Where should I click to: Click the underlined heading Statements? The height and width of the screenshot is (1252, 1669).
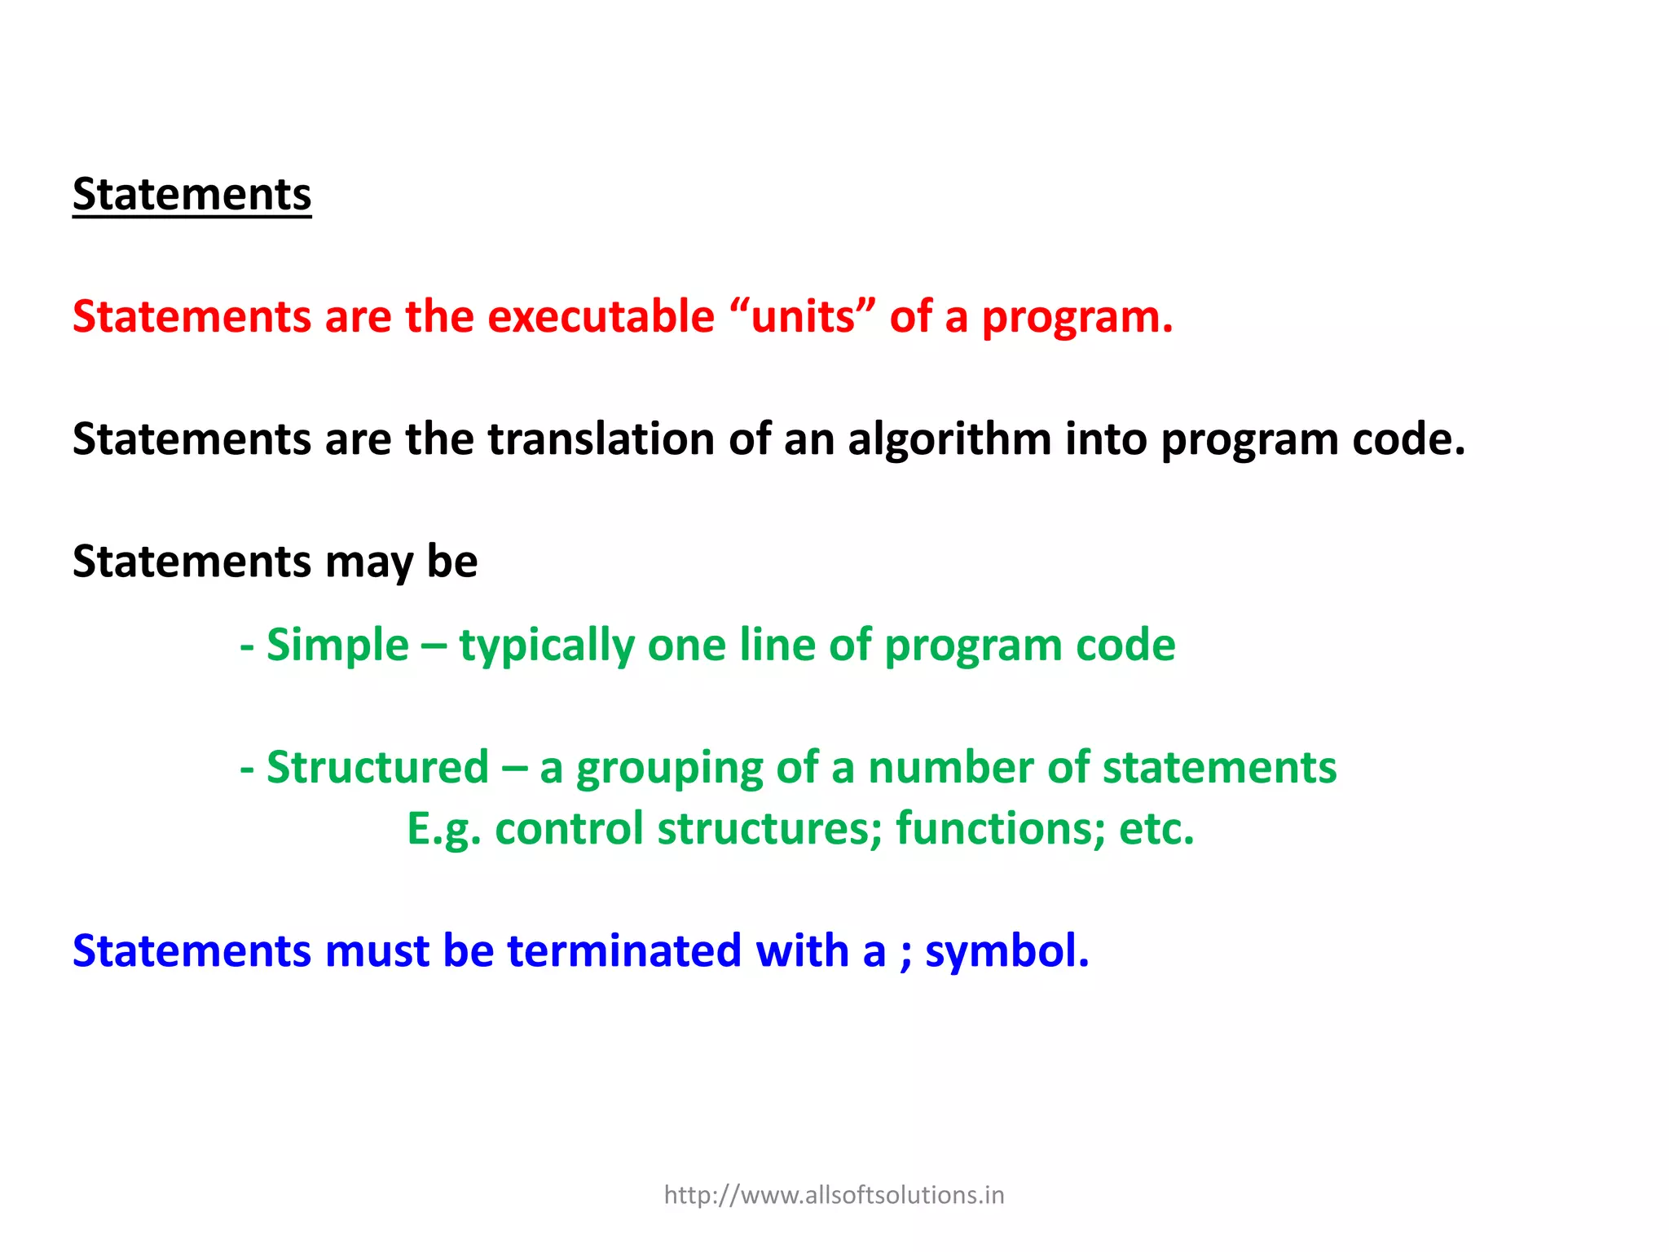pyautogui.click(x=192, y=195)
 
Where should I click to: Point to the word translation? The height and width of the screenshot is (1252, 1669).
pyautogui.click(x=601, y=439)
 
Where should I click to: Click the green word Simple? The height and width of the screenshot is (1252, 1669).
pyautogui.click(x=337, y=646)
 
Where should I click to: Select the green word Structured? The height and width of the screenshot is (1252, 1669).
pyautogui.click(x=377, y=768)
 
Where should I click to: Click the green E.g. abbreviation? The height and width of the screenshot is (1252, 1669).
pyautogui.click(x=444, y=830)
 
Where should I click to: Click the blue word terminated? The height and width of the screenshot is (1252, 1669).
pyautogui.click(x=623, y=951)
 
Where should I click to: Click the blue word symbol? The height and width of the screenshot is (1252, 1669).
pyautogui.click(x=1006, y=952)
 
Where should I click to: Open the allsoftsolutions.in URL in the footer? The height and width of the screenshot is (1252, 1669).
pyautogui.click(x=834, y=1195)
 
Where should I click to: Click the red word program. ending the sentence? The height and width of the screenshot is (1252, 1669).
pyautogui.click(x=1077, y=318)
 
